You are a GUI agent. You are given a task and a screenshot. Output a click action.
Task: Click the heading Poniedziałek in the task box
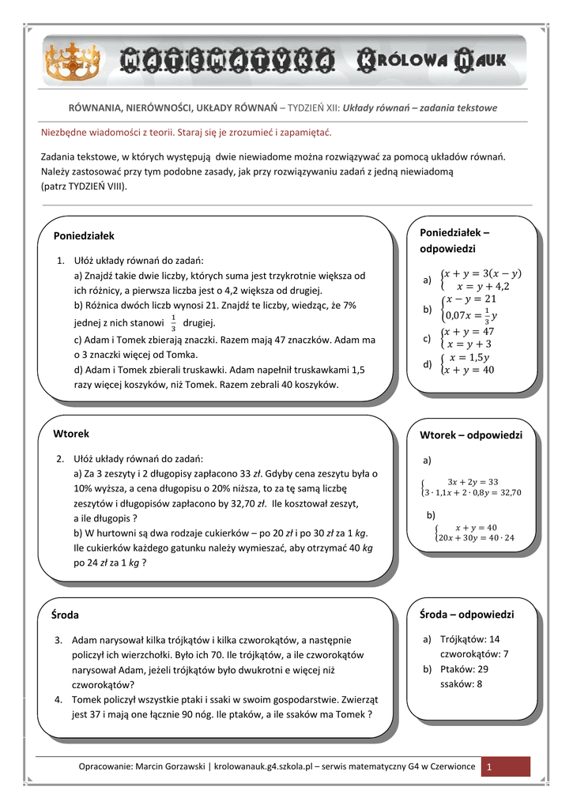84,235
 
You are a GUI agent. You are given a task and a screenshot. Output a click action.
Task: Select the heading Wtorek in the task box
71,434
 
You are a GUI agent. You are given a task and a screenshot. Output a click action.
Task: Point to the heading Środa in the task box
66,615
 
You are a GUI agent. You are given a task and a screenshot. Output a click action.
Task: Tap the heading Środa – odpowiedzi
466,614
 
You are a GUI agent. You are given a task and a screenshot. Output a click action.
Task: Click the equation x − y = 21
470,299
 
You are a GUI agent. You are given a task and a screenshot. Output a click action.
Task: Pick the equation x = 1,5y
471,356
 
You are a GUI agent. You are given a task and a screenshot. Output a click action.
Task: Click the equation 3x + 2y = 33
473,481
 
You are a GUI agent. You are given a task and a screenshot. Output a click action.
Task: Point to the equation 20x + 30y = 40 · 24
475,538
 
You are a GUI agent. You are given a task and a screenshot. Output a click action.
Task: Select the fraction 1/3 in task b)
174,323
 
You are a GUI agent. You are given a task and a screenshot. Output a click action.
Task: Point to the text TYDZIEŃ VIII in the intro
93,186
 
